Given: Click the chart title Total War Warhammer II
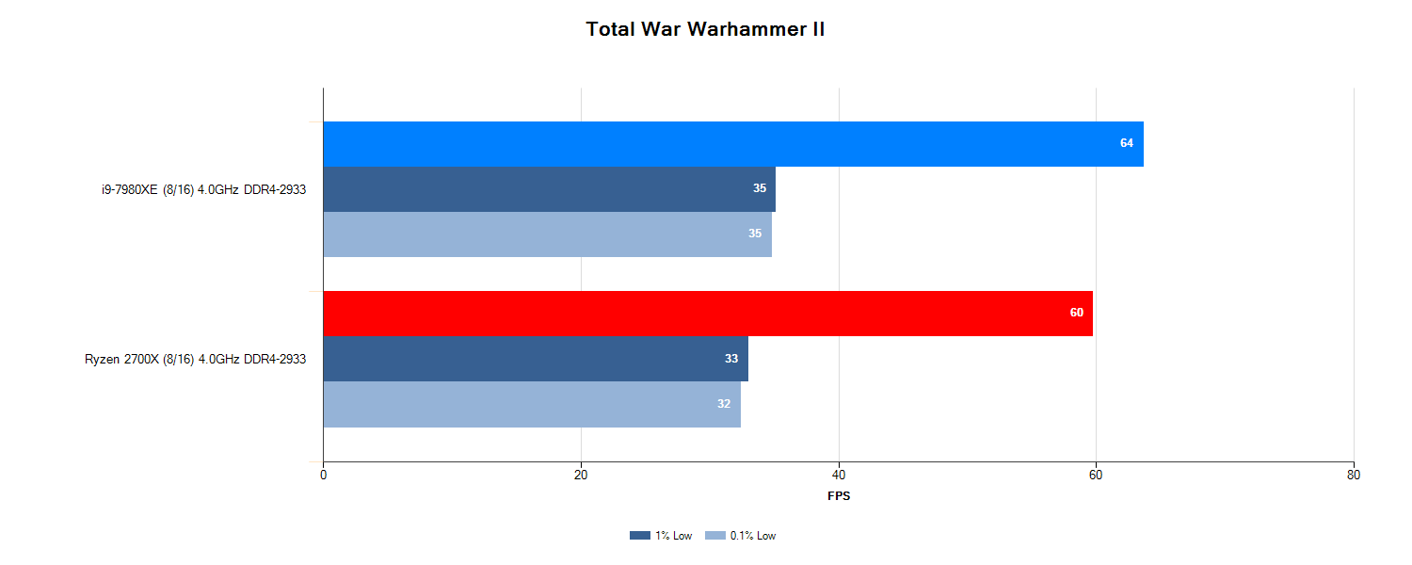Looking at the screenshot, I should coord(705,29).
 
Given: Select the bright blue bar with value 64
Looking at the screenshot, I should coord(732,144).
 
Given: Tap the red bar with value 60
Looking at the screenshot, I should coord(707,314).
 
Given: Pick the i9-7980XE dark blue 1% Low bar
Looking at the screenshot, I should coord(549,189).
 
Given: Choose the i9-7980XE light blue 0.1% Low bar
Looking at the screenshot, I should coord(547,234).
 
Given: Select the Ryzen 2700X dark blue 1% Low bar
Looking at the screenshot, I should coord(535,359).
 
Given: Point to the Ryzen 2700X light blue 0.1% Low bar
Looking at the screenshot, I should coord(531,404).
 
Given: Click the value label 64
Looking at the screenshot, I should coord(1127,143).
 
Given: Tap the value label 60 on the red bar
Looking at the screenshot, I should coord(1077,313).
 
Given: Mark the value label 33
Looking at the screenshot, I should coord(731,359).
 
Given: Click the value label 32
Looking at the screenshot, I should coord(724,404).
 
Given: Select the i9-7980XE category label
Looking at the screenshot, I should coord(203,189).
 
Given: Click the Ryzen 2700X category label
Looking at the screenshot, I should coord(195,359).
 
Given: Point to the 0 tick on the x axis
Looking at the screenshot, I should coord(324,476).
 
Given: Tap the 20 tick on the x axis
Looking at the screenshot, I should coord(581,476).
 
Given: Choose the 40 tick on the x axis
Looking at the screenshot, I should coord(839,476).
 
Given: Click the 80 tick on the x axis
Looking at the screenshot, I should coord(1354,476).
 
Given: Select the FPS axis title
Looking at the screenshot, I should coord(839,496).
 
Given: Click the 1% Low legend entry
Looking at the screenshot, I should coord(661,536).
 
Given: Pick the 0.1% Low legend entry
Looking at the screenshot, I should coord(741,536).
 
